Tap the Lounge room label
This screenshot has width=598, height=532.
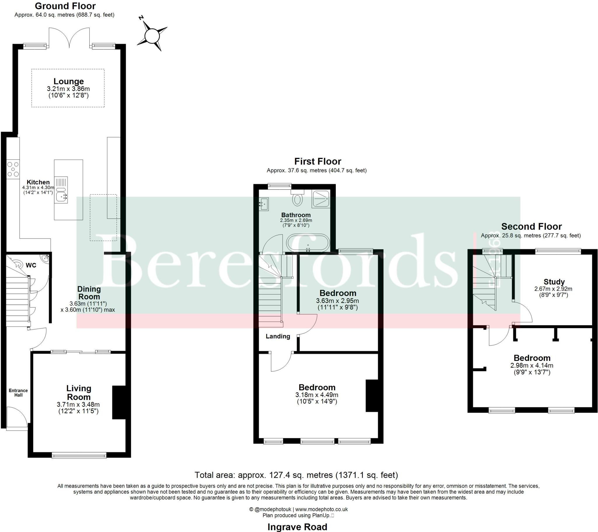(68, 82)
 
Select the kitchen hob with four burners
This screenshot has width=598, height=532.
(13, 169)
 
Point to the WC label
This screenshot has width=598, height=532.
(31, 265)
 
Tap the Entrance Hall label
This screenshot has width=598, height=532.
(18, 393)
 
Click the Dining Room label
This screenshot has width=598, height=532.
(89, 292)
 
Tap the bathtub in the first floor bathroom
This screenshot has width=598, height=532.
(308, 243)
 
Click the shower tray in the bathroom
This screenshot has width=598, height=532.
(321, 199)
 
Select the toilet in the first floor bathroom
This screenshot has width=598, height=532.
(297, 199)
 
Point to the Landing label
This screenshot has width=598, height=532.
(278, 337)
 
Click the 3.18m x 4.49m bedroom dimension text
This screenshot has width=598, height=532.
(317, 395)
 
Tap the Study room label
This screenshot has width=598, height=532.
(554, 282)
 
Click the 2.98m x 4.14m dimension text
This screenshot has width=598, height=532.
(532, 365)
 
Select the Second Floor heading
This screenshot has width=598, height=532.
(531, 226)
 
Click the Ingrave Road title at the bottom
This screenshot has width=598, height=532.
(297, 527)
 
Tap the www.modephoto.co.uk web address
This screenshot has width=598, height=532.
(321, 509)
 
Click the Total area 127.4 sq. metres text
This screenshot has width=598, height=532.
(296, 475)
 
